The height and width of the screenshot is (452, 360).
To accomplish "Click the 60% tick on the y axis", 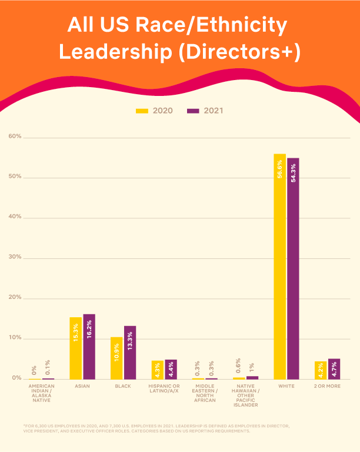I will click(15, 137).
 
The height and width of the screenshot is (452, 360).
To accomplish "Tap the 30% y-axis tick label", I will click(15, 257).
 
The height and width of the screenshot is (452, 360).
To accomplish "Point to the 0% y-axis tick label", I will click(16, 378).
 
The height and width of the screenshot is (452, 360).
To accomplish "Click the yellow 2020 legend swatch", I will click(142, 111).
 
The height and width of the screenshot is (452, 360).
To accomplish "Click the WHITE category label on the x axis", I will click(286, 387).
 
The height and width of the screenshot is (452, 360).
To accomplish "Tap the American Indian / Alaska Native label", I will click(41, 393).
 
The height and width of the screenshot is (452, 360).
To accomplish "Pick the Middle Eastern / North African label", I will click(205, 393).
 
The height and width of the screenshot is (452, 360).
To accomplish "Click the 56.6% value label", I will click(280, 168).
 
